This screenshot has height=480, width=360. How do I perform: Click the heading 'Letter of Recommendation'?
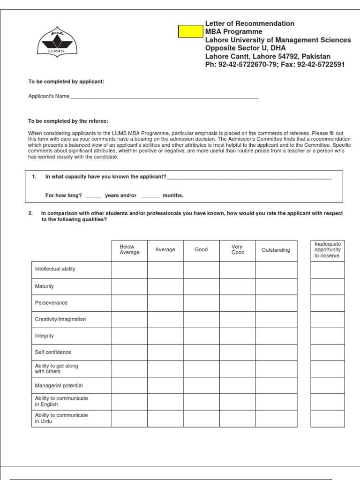click(249, 23)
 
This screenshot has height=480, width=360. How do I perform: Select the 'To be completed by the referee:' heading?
click(68, 121)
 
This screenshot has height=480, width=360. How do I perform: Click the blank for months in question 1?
click(151, 195)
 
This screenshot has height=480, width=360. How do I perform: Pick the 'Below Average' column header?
click(129, 250)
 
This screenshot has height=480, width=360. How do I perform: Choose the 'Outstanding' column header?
click(276, 250)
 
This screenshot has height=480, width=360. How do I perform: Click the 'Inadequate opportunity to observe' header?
click(328, 250)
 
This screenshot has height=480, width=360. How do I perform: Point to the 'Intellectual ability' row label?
click(55, 269)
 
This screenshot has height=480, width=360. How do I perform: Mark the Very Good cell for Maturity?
click(237, 286)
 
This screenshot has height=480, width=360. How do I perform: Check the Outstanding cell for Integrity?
click(276, 336)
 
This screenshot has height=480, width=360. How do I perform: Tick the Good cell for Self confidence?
click(201, 352)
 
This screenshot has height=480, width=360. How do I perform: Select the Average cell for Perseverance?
click(165, 302)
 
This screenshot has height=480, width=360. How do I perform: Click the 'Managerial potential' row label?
click(59, 385)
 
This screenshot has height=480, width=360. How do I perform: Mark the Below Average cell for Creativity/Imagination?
click(129, 319)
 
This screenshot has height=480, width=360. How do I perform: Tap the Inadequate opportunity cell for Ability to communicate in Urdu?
click(328, 419)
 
